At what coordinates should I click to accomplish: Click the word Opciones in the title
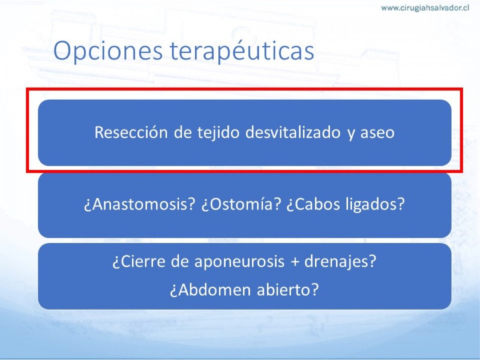pyautogui.click(x=108, y=51)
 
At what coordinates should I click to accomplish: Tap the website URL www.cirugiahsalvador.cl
pyautogui.click(x=425, y=8)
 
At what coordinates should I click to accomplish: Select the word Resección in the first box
pyautogui.click(x=131, y=132)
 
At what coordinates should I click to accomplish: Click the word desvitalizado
pyautogui.click(x=293, y=132)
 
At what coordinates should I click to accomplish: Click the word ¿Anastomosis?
pyautogui.click(x=139, y=204)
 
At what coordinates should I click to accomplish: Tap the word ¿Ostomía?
pyautogui.click(x=241, y=204)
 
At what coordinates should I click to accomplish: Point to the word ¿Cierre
pyautogui.click(x=139, y=262)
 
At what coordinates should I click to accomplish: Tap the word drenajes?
pyautogui.click(x=340, y=262)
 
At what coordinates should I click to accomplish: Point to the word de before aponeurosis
pyautogui.click(x=179, y=262)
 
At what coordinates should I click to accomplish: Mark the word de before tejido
pyautogui.click(x=182, y=132)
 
